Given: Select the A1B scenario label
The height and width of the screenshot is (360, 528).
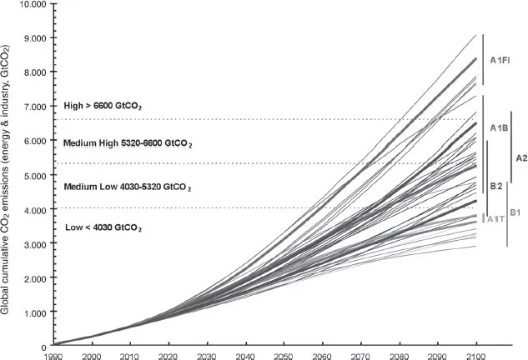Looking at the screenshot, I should (x=500, y=127).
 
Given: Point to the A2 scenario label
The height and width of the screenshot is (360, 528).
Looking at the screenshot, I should (x=521, y=157).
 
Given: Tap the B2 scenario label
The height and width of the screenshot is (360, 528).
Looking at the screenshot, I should (x=495, y=185).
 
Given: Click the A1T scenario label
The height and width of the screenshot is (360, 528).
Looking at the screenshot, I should (x=495, y=219).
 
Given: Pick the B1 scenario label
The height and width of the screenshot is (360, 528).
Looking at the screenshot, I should (x=515, y=212).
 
